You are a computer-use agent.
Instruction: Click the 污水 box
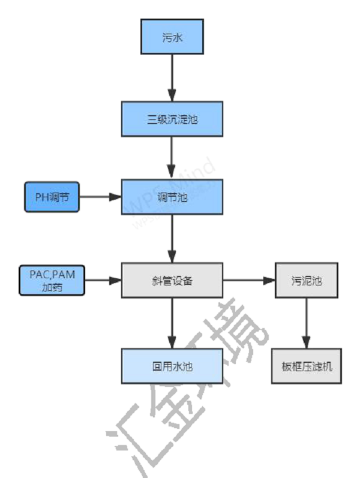pos(172,37)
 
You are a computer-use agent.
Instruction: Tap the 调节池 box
pos(172,197)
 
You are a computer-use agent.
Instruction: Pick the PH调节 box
pos(52,197)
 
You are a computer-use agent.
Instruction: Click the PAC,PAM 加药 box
pos(52,280)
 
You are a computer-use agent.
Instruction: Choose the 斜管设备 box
pos(172,280)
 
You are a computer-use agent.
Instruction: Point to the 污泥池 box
pos(307,280)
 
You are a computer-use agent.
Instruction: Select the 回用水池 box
pos(172,366)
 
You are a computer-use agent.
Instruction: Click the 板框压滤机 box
pos(307,366)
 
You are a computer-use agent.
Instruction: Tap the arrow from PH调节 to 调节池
pos(100,197)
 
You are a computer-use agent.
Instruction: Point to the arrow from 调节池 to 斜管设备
pos(172,238)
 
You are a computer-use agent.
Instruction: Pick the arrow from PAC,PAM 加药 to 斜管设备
pos(103,280)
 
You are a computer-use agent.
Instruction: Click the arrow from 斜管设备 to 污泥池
pos(248,280)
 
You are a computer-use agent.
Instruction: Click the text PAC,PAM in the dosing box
pos(52,275)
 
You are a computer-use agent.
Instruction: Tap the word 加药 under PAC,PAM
pos(52,287)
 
